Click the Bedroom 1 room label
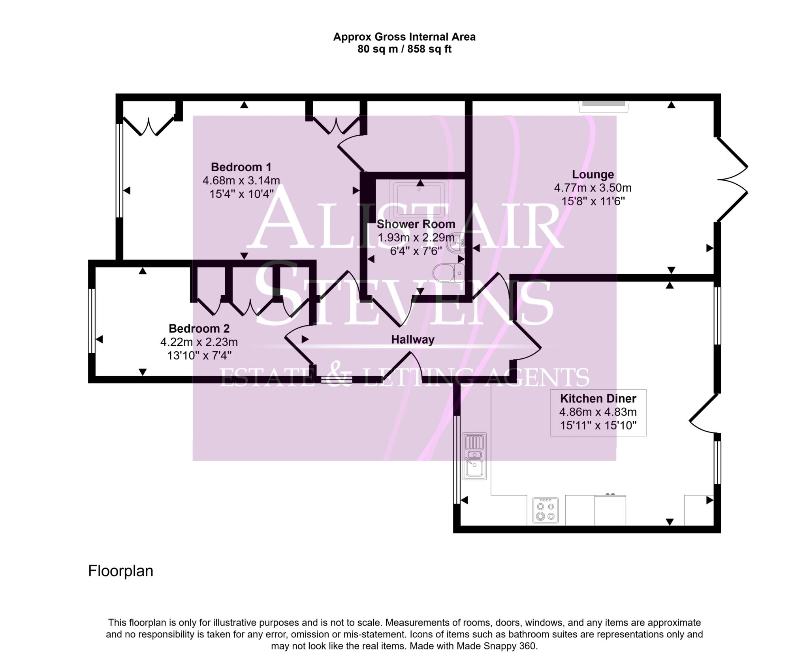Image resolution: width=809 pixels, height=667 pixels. pyautogui.click(x=241, y=167)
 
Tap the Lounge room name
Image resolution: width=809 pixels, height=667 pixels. pyautogui.click(x=593, y=174)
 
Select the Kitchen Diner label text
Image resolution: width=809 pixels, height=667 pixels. pyautogui.click(x=598, y=399)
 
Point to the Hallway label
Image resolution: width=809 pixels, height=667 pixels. pyautogui.click(x=413, y=339)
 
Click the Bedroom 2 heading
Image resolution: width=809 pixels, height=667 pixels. pyautogui.click(x=199, y=328)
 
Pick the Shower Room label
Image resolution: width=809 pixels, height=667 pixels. pyautogui.click(x=416, y=224)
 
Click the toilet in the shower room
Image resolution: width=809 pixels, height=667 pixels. pyautogui.click(x=449, y=273)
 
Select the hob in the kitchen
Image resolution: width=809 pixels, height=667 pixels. pyautogui.click(x=545, y=510)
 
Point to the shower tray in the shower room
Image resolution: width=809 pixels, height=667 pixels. pyautogui.click(x=419, y=200)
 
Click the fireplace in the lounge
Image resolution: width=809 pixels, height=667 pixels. pyautogui.click(x=604, y=106)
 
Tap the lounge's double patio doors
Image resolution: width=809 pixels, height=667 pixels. pyautogui.click(x=732, y=180)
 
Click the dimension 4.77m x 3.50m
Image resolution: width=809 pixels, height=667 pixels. pyautogui.click(x=593, y=188)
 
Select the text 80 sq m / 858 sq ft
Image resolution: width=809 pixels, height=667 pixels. pyautogui.click(x=404, y=49)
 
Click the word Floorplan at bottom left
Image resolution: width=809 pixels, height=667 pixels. pyautogui.click(x=120, y=571)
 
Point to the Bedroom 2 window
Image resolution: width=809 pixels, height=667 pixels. pyautogui.click(x=91, y=320)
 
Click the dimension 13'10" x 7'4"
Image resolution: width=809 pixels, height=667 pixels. pyautogui.click(x=199, y=355)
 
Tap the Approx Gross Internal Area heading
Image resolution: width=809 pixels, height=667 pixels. pyautogui.click(x=404, y=37)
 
